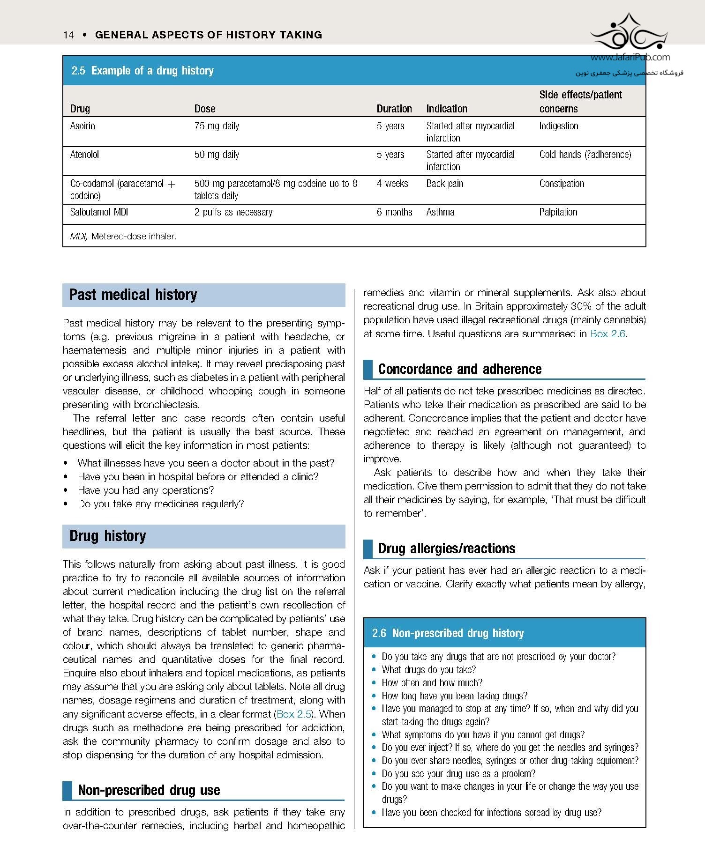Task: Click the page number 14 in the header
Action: tap(68, 35)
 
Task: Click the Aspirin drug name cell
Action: tap(82, 126)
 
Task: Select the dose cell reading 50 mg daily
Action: tap(217, 155)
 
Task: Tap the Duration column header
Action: tap(394, 109)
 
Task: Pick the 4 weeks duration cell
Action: tap(392, 184)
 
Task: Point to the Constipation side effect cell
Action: tap(562, 184)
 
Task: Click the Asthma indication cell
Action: tap(440, 212)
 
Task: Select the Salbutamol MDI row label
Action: tap(99, 212)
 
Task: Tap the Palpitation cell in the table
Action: tap(558, 212)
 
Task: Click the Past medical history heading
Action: tap(133, 295)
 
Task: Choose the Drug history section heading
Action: tap(108, 536)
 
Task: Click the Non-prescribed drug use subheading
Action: tap(149, 790)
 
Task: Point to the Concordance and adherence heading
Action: tap(459, 369)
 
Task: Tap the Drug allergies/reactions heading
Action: tap(446, 548)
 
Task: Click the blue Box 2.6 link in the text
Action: tap(607, 334)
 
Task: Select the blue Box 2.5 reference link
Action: tap(294, 714)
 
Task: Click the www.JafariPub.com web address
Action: tap(630, 58)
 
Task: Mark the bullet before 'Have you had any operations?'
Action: tap(66, 490)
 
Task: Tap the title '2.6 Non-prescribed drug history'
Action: tap(448, 633)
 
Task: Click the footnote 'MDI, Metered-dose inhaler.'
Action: tap(123, 237)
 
